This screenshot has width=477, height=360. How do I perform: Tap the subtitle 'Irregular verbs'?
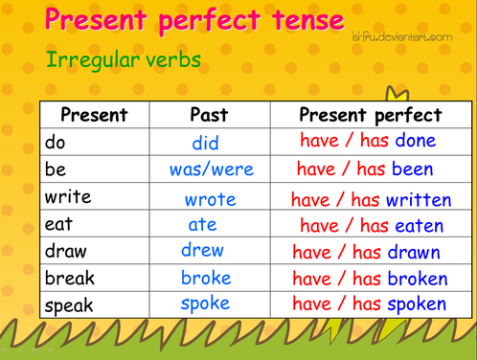[123, 59]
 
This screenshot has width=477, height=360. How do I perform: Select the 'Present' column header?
[94, 115]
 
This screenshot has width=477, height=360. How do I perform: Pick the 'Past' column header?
[209, 115]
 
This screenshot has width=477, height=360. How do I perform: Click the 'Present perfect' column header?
[371, 115]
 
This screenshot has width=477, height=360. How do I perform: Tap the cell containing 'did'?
[205, 144]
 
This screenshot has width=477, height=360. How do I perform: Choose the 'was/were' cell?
[211, 170]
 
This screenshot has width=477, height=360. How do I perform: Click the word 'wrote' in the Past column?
[210, 199]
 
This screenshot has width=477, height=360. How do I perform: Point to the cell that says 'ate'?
[202, 225]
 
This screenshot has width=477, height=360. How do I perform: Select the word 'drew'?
[202, 251]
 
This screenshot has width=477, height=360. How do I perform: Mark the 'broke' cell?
[206, 278]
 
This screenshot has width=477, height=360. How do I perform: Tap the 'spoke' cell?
[205, 304]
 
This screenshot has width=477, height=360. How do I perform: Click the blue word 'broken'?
[418, 279]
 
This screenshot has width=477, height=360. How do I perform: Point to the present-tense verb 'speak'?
[69, 305]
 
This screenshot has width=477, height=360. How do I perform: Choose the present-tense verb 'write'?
[68, 197]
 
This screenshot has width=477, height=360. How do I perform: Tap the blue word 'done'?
[414, 142]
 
